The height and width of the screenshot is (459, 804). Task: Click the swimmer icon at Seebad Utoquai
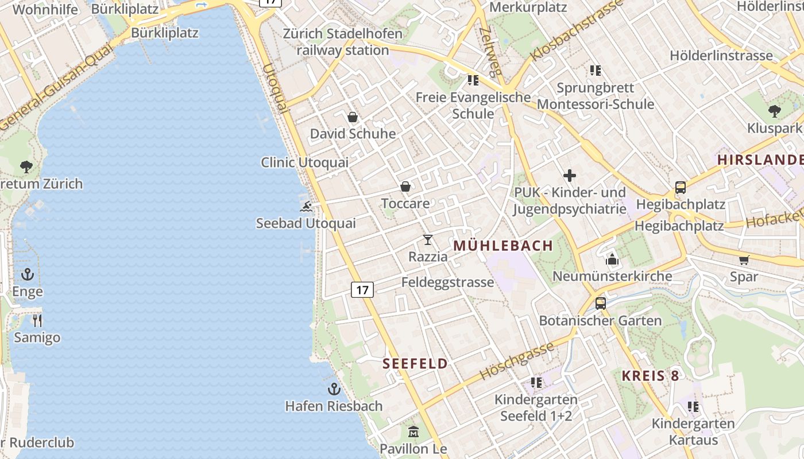pos(306,207)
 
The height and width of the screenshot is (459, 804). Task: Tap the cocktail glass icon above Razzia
pos(427,240)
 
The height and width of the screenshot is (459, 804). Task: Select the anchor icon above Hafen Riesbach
pos(334,390)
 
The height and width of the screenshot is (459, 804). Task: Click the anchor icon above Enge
pos(28,275)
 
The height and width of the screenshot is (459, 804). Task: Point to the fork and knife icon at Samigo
pos(37,320)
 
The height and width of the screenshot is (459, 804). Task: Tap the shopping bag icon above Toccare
pos(405,186)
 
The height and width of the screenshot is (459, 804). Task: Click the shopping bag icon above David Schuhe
pos(353,117)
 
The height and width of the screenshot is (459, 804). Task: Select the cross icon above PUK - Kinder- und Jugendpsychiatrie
pos(570,176)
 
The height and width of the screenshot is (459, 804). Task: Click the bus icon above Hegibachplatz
pos(681,187)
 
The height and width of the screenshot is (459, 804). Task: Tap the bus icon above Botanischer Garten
pos(600,304)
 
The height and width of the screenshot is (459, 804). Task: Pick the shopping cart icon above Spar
pos(744,260)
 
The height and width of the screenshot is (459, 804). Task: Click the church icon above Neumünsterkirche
pos(612,259)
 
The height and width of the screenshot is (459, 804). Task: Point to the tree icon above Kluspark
pos(774,111)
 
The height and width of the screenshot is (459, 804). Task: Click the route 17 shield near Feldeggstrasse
pos(362,290)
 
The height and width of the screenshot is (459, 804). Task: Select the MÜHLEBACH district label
pos(503,246)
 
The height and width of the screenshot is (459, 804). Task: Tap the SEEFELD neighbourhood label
pos(415,363)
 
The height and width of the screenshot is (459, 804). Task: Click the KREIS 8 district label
pos(651,376)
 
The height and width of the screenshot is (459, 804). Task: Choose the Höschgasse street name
pos(517,360)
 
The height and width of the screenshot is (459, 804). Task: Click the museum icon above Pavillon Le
pos(413,431)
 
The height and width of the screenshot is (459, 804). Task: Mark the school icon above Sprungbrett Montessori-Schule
pos(596,71)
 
